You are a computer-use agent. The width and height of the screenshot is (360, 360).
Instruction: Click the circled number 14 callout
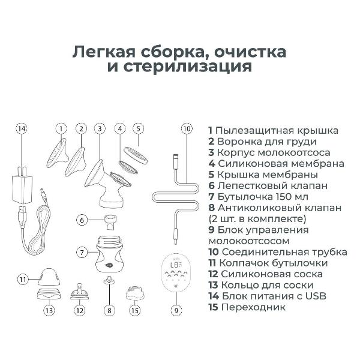22,128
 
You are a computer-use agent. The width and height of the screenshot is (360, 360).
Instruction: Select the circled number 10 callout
186,128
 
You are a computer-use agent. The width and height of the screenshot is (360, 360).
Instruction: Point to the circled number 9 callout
176,310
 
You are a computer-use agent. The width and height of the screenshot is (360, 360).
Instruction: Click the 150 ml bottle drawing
109,253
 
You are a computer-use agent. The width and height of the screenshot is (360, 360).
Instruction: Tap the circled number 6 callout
82,220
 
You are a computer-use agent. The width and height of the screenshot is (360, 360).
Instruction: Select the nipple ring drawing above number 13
48,294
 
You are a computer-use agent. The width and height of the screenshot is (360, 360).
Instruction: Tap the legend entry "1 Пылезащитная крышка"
273,130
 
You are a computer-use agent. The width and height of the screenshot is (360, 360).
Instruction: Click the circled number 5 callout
139,128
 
